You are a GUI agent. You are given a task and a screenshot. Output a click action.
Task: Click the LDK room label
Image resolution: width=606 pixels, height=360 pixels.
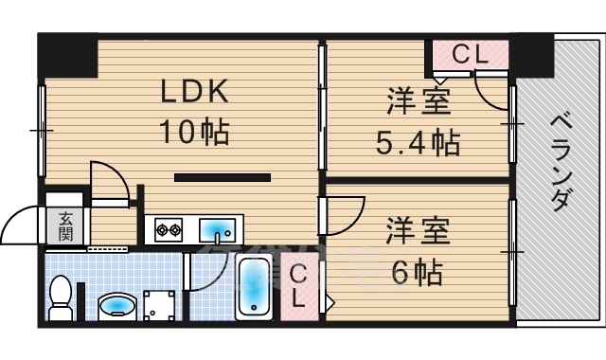click(194, 91)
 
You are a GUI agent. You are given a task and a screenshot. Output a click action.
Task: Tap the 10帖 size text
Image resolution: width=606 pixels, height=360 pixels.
click(194, 132)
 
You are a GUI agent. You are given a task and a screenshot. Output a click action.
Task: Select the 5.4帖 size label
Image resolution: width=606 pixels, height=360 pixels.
click(419, 142)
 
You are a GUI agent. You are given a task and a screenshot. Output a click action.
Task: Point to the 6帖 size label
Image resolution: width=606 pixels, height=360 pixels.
click(418, 272)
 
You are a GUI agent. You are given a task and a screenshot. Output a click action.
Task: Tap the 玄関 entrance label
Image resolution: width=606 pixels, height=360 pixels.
click(65, 226)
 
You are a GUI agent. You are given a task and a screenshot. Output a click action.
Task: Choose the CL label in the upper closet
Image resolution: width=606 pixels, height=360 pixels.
click(470, 54)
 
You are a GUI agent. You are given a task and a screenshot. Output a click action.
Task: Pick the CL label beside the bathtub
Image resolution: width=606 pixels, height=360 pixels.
click(298, 286)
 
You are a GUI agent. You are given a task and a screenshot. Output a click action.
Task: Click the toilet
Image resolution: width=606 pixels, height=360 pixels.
click(61, 297)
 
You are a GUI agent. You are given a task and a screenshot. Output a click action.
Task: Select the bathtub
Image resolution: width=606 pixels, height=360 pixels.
click(254, 286)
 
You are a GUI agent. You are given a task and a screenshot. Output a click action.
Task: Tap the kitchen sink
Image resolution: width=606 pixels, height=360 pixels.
click(217, 230)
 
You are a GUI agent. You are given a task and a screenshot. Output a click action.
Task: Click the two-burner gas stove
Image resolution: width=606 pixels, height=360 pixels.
click(169, 230)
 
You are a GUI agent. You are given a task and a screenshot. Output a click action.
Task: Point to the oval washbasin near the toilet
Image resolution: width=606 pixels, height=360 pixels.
click(116, 307)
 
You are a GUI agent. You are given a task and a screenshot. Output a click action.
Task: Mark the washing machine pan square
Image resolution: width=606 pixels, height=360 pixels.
click(159, 305)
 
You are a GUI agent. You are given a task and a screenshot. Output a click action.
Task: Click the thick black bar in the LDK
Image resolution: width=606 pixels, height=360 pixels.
click(223, 177)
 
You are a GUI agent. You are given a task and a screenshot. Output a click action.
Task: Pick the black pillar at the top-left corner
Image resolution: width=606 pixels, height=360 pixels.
click(67, 55)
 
